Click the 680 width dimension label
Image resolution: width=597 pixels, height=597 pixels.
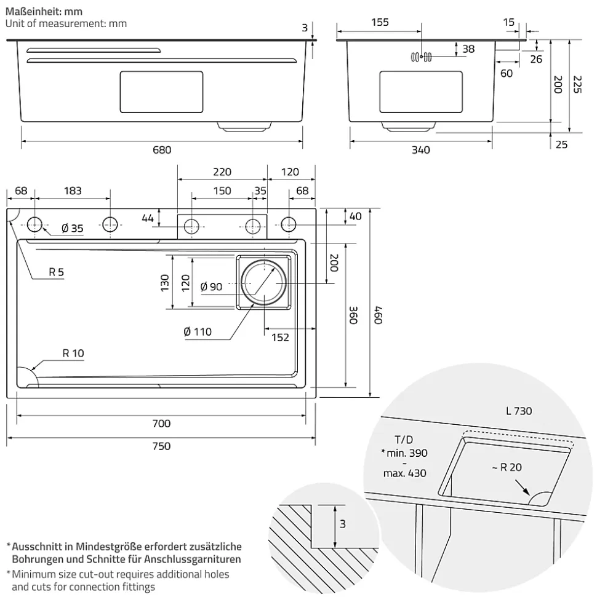(x=161, y=150)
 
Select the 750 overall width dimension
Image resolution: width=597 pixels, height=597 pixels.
(x=161, y=446)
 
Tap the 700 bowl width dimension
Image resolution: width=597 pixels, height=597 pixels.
(x=161, y=423)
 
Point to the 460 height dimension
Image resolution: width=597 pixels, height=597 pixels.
(x=379, y=314)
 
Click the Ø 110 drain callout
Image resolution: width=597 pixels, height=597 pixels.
(x=198, y=332)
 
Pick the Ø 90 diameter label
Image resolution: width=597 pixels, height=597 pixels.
(x=212, y=286)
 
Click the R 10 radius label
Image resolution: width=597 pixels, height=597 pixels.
(x=73, y=353)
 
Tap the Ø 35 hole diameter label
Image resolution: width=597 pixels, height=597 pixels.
(x=73, y=229)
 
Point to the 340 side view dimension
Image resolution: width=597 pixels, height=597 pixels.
(x=420, y=150)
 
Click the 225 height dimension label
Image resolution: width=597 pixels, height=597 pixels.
(x=577, y=84)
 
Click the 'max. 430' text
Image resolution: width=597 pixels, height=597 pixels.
(x=404, y=473)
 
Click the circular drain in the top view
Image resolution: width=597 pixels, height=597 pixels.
(x=265, y=283)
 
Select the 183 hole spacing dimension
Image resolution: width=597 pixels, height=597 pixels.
(x=72, y=191)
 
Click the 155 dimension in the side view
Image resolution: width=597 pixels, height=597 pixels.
(x=380, y=23)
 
